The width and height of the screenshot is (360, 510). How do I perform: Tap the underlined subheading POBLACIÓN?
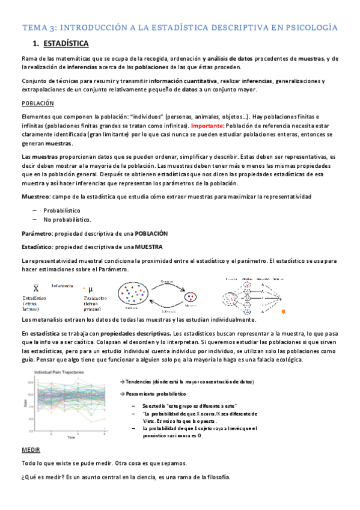(37, 103)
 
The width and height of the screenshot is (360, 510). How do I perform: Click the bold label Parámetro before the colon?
(37, 233)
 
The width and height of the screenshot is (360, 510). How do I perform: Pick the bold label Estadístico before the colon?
(37, 247)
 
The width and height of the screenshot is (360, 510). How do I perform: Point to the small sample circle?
(191, 295)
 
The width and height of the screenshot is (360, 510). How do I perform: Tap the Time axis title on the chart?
(71, 437)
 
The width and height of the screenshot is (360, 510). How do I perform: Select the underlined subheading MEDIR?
(31, 449)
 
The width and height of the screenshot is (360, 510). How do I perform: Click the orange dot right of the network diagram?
(284, 310)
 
